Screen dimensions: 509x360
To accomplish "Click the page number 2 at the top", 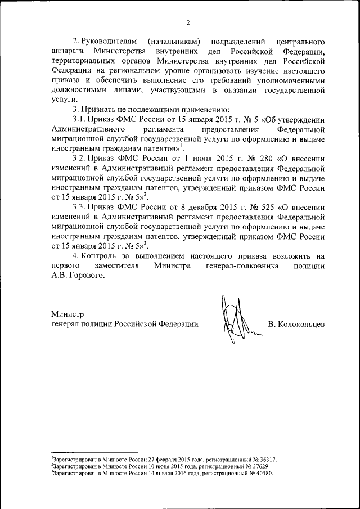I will (188, 22).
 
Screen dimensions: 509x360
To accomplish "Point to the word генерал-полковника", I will (242, 266).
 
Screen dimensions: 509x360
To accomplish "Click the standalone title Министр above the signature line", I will (67, 314).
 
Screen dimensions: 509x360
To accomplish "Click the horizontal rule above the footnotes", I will (94, 452).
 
